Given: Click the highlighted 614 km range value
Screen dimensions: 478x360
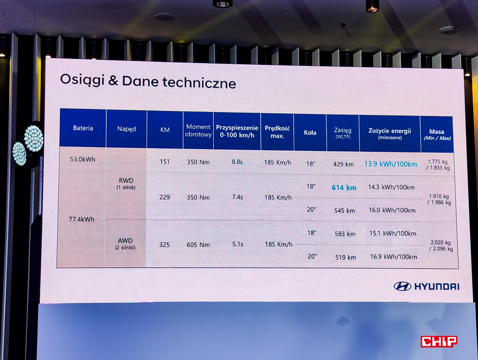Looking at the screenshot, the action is [344, 188].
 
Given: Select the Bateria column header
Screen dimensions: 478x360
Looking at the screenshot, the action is [83, 128].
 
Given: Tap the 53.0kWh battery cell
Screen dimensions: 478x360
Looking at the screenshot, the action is [82, 159].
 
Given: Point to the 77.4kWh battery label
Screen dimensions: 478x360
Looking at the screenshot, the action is [82, 219].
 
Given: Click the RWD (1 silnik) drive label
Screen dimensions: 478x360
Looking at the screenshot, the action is [126, 184].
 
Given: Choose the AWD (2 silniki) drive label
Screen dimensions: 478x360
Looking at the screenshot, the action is [125, 244].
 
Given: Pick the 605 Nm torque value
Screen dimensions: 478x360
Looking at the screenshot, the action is [198, 245].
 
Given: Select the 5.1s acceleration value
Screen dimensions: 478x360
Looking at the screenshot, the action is [238, 244].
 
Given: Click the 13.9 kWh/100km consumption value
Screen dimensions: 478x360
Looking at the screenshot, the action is [391, 164].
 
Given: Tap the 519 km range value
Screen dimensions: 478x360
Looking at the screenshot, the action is [346, 258].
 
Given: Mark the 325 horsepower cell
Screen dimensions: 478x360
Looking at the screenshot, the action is [164, 245].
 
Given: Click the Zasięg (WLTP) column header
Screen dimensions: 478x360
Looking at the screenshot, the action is [343, 133].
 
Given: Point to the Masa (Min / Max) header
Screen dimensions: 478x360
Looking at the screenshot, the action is [437, 135].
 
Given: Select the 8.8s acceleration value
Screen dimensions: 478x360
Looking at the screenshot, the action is [237, 162].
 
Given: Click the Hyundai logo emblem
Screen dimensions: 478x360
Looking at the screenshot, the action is [402, 286].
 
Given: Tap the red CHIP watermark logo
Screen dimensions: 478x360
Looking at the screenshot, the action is [439, 341].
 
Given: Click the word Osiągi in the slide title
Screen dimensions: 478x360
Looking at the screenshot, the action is [82, 80].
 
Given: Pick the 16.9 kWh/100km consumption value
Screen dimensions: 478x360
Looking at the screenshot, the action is [393, 257].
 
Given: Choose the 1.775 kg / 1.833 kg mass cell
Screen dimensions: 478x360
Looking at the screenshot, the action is [438, 165].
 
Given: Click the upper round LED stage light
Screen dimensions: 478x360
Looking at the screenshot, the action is [34, 138].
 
